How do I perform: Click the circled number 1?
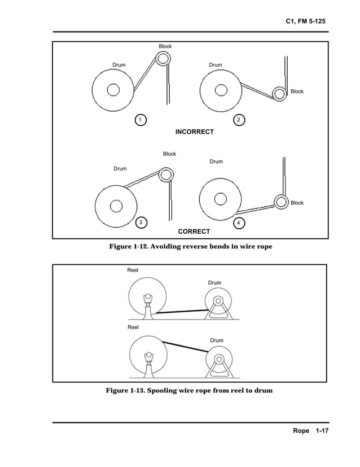pos(139,119)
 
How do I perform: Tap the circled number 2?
pos(239,120)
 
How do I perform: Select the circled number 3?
pos(139,222)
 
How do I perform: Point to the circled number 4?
pos(239,224)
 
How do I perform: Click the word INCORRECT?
pos(194,132)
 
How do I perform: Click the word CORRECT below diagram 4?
pos(194,232)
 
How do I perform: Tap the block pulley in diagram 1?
pos(163,58)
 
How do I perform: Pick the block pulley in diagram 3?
pos(166,174)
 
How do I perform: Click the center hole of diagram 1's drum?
pos(113,90)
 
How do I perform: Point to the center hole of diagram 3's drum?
pos(116,206)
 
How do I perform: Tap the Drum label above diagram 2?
pos(216,65)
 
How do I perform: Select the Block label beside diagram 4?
pos(297,203)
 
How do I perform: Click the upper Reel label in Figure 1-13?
pos(133,270)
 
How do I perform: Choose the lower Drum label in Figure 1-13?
pos(216,341)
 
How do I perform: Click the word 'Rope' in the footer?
pos(301,431)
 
